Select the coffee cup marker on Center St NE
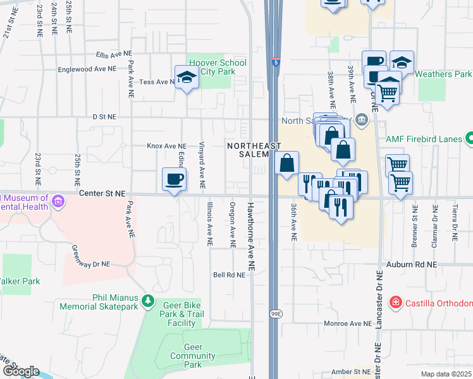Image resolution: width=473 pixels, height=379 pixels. (x=174, y=180)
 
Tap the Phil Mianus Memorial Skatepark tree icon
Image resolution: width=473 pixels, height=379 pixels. (x=147, y=300)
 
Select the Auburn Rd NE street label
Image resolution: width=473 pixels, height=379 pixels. (x=415, y=264)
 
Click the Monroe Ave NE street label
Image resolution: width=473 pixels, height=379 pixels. (x=349, y=323)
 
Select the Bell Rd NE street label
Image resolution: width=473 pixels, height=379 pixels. (x=229, y=275)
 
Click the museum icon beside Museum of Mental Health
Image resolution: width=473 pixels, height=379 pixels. (x=58, y=202)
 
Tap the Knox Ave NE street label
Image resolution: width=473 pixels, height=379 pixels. (x=167, y=145)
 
